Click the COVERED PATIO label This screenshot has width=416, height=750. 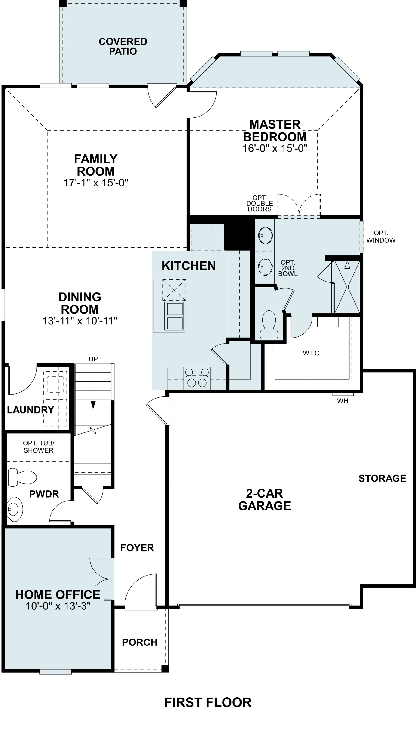[123, 46]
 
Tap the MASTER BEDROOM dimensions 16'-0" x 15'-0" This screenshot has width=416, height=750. [275, 148]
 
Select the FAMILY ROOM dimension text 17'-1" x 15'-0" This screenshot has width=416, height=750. [96, 183]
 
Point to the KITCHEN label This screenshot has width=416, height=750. [189, 266]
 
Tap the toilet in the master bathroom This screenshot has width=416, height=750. [269, 325]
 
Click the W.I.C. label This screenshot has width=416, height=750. [312, 353]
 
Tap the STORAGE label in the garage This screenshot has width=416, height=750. [382, 478]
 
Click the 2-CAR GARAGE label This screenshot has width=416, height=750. [264, 500]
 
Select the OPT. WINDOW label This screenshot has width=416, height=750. [381, 237]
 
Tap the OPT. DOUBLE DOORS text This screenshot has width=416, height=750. [260, 204]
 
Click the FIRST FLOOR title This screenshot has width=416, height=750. [208, 702]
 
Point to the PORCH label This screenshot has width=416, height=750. [140, 642]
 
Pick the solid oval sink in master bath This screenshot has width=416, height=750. [265, 235]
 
